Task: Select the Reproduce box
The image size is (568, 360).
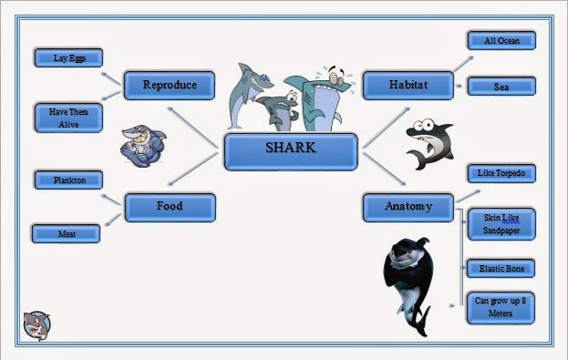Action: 170,86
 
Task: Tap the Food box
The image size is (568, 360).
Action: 170,207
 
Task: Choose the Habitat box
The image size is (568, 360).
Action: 408,86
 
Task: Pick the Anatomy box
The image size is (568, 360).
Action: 408,207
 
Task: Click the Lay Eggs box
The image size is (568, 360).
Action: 68,57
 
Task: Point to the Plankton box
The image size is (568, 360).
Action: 68,180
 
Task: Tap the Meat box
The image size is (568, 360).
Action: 66,234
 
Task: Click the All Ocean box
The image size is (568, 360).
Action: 501,41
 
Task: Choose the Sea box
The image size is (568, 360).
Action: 501,87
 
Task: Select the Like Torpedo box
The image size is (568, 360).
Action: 501,173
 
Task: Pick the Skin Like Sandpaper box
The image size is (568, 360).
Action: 501,224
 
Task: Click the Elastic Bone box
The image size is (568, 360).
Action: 501,269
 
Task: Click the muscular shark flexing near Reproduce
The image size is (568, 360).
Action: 144,145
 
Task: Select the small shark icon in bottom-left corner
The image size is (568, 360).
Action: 36,324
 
